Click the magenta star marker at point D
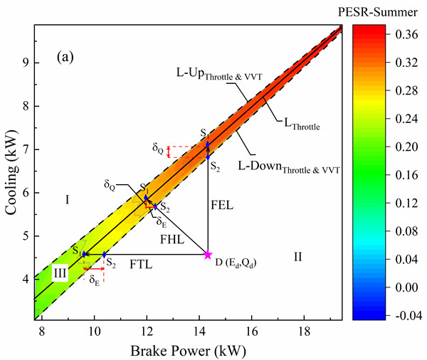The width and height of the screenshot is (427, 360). [x=208, y=254]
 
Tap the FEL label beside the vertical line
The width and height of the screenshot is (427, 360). [x=223, y=205]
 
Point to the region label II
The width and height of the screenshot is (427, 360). [x=298, y=256]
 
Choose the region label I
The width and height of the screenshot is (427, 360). [x=66, y=199]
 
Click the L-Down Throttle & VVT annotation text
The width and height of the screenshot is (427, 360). [x=295, y=171]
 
